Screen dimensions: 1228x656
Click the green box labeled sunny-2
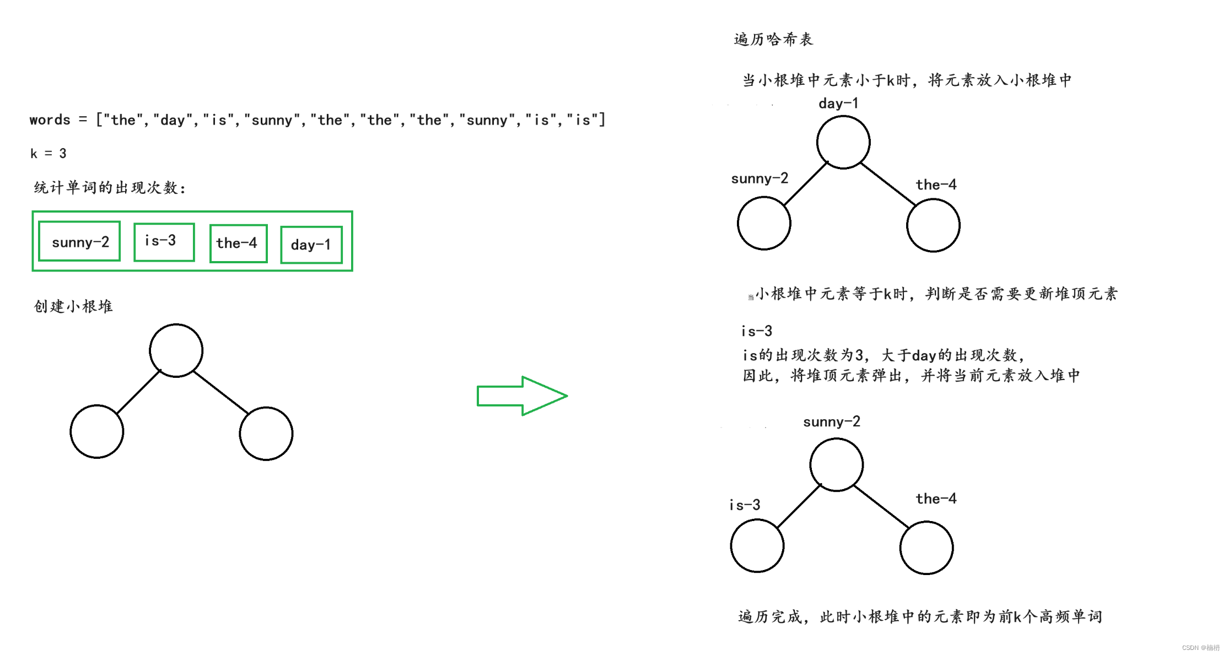[79, 241]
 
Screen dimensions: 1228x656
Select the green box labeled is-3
[164, 242]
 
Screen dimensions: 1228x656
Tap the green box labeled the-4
[238, 243]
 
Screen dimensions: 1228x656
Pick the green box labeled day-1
[311, 245]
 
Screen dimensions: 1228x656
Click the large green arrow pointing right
[521, 395]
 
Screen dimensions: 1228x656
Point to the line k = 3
[49, 154]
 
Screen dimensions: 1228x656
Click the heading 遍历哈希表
[773, 40]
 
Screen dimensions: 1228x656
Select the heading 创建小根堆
[73, 306]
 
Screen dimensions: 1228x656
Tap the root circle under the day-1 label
[843, 142]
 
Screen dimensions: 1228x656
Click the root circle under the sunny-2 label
[836, 464]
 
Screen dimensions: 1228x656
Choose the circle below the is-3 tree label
[757, 546]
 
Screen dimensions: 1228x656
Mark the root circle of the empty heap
[176, 350]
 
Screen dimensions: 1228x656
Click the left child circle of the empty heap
[97, 431]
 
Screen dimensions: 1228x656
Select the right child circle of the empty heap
[266, 433]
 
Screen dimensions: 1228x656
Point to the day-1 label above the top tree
[838, 104]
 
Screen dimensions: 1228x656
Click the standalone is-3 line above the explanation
[757, 331]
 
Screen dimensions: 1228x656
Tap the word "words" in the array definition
[50, 120]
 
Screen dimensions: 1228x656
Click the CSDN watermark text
[1200, 648]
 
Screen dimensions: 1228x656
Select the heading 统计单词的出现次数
[110, 188]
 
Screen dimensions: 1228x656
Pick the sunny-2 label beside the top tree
[760, 178]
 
